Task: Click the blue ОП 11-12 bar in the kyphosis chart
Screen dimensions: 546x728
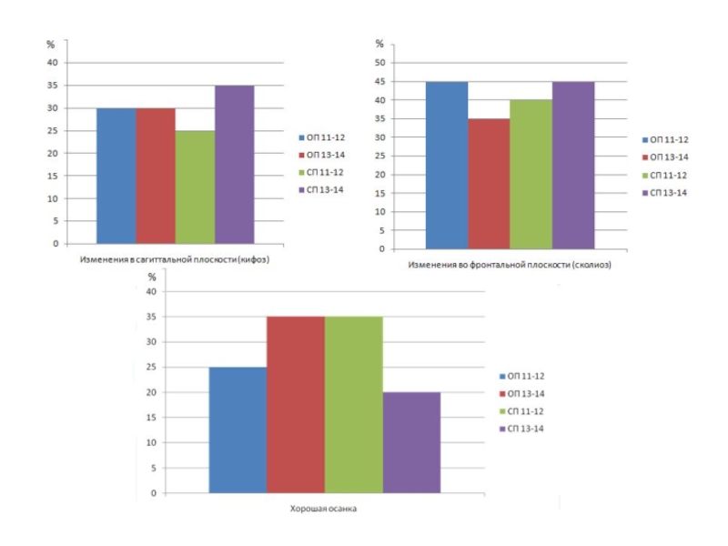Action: [x=116, y=176]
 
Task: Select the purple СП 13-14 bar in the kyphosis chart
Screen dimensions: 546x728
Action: [x=235, y=165]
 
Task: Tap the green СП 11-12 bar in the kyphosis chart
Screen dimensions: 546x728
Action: [x=196, y=187]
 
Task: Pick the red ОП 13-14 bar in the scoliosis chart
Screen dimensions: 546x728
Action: [x=489, y=184]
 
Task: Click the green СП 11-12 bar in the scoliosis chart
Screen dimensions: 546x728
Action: [x=531, y=175]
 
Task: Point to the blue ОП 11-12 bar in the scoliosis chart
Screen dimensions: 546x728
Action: [x=447, y=166]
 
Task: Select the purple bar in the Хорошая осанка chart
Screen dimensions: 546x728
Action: [x=411, y=442]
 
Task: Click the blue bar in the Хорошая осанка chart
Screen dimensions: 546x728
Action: [x=238, y=430]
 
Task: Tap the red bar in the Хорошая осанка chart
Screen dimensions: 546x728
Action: [x=296, y=405]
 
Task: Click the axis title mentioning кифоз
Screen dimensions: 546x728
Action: [x=175, y=259]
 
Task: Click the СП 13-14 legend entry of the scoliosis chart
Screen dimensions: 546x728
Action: [x=667, y=193]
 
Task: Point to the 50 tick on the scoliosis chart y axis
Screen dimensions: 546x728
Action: [x=380, y=63]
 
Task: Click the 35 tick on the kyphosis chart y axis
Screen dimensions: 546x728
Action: [x=53, y=86]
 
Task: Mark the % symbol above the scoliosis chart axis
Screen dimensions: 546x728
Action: [x=379, y=45]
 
